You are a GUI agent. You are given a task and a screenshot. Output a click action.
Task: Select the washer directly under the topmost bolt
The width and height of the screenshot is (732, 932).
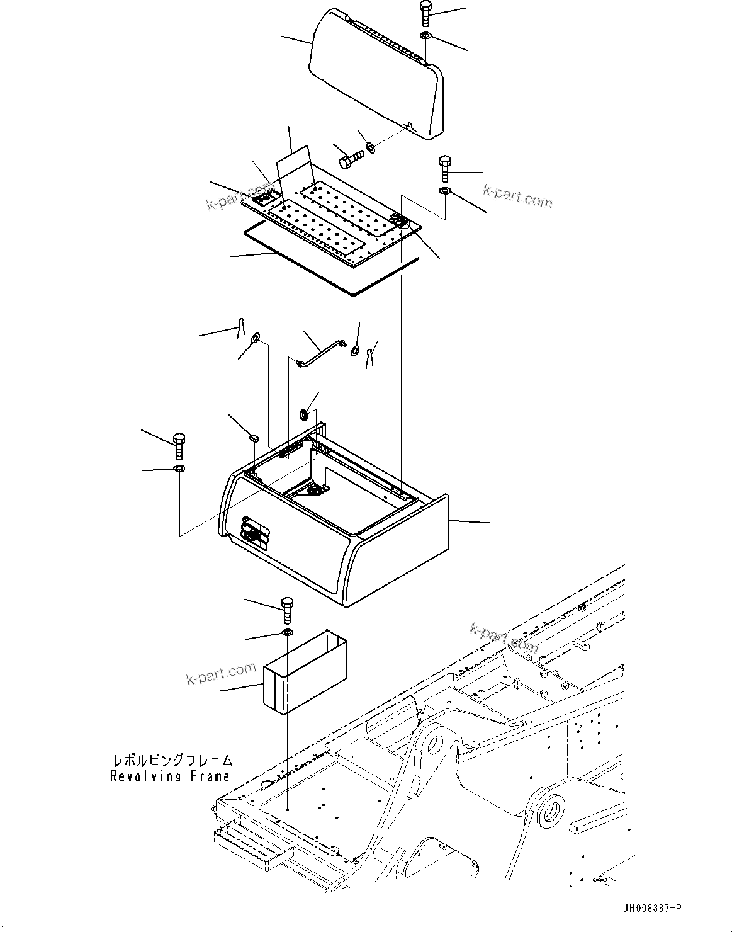[426, 35]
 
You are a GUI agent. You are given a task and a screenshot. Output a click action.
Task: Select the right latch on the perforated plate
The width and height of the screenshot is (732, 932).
[399, 220]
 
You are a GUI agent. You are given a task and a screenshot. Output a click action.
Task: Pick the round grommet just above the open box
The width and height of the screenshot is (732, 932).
[303, 414]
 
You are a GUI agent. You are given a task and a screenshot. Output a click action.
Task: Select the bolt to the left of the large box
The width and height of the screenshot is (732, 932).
[179, 446]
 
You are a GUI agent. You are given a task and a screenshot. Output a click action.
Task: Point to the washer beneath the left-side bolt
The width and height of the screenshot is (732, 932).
[179, 469]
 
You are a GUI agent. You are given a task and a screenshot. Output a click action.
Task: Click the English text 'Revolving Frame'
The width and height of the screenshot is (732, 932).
[170, 776]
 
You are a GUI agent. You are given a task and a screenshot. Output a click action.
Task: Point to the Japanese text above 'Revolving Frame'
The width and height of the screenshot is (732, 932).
[172, 761]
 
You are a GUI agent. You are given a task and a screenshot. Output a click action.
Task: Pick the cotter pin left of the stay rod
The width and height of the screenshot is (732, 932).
[240, 327]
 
